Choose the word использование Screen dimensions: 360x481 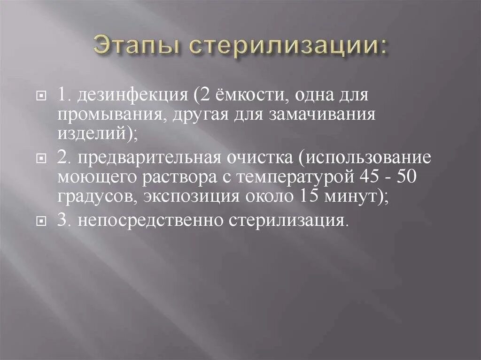point(368,158)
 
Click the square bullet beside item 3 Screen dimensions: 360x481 point(41,220)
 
